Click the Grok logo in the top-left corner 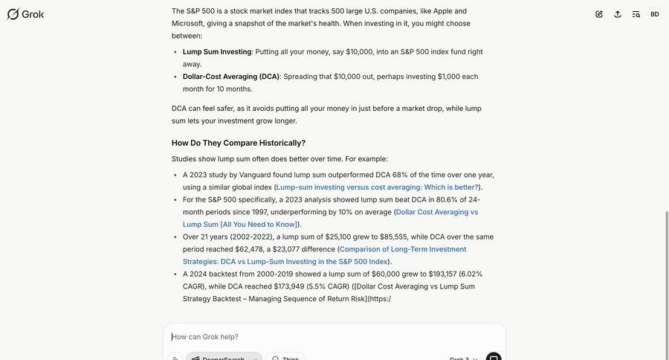(x=25, y=14)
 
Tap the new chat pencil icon (x=599, y=14)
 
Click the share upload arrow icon (x=618, y=14)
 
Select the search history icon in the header (x=636, y=14)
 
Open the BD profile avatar (x=655, y=14)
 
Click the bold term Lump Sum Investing (x=217, y=52)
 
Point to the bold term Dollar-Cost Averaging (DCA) (x=231, y=77)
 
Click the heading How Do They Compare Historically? (x=238, y=143)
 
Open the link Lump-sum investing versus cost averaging (x=377, y=187)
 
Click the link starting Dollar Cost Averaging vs (x=437, y=212)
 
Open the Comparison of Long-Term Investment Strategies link (x=403, y=249)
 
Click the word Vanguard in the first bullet (x=256, y=175)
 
